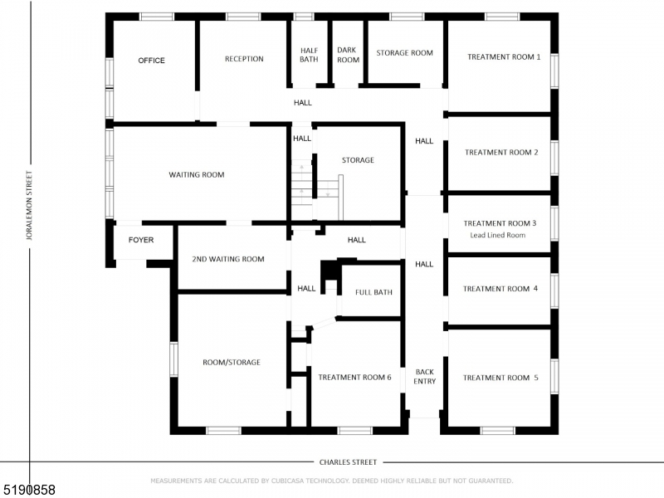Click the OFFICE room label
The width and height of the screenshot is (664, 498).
pos(151,61)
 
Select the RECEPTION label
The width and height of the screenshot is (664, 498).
pos(244,59)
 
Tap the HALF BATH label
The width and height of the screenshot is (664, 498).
pos(309,55)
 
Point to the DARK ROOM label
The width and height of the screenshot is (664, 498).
pos(348,55)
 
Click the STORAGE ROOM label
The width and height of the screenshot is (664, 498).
pos(404,53)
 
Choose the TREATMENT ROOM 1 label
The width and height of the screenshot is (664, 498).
pos(503,57)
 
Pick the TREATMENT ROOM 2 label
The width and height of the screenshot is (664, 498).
pos(501,153)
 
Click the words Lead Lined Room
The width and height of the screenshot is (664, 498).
pos(497,236)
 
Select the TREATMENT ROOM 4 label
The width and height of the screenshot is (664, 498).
pos(500,289)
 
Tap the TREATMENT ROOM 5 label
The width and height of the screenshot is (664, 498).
pos(500,378)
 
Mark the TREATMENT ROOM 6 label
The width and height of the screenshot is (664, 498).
pos(354,378)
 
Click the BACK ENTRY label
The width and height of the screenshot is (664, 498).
pos(424,377)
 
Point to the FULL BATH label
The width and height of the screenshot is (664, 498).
pos(373,292)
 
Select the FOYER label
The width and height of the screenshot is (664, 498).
pos(140,240)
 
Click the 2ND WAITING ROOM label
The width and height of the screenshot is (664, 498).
pos(228,259)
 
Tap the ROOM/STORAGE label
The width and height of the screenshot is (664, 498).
pos(232,363)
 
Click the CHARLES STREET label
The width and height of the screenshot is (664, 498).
pos(348,462)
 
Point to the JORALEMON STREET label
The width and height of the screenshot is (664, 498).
pos(29,206)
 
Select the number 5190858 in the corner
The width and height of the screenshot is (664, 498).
pos(29,490)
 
